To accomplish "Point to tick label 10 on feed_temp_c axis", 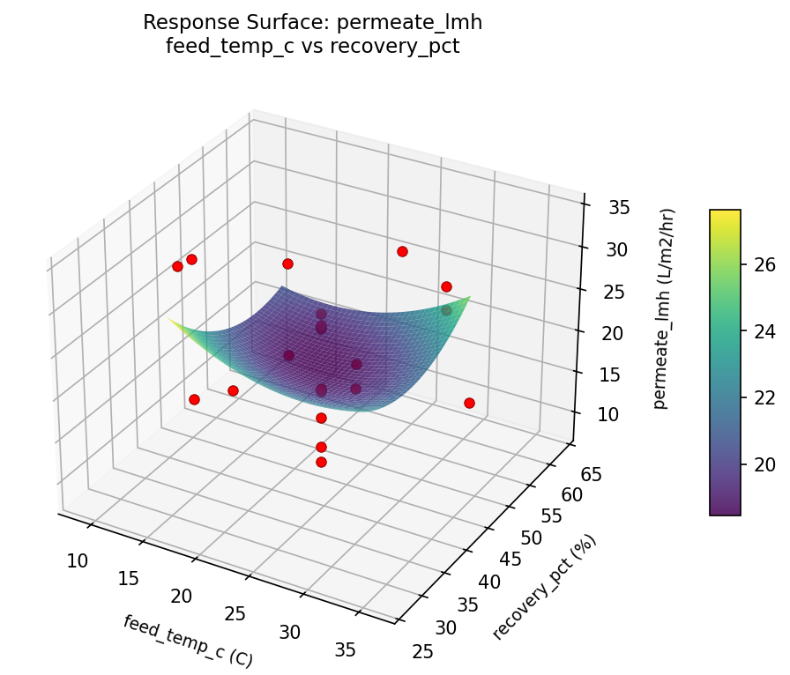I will pos(78,560).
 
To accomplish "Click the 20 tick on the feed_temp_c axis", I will pos(181,596).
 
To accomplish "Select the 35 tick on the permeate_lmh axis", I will pos(619,208).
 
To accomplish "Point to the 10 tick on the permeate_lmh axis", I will pos(607,414).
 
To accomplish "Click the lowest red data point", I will pos(321,462).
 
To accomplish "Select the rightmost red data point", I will pos(469,403).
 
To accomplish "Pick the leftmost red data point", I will pos(177,266).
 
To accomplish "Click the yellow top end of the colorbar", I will pos(725,214).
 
